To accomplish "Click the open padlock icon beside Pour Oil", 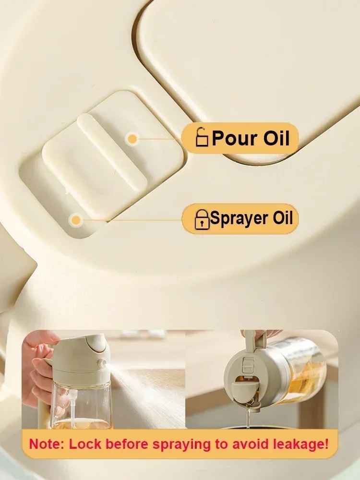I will point(202,138).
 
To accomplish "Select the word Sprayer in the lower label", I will point(240,218).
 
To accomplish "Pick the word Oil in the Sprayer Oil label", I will point(283,218).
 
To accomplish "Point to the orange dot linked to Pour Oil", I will point(132,139).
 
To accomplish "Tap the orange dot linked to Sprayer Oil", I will point(75,220).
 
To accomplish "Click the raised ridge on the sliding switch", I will point(112,147).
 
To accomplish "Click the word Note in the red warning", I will point(47,444).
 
